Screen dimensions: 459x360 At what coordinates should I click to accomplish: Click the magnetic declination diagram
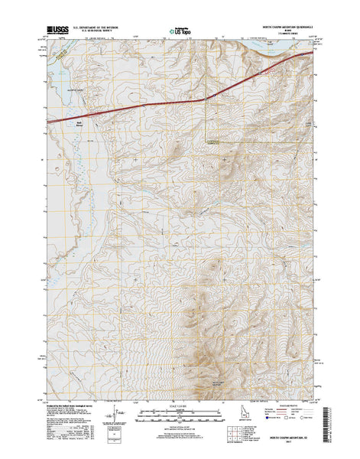tap(115, 417)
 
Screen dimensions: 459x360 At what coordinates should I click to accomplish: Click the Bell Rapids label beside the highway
tap(79, 122)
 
